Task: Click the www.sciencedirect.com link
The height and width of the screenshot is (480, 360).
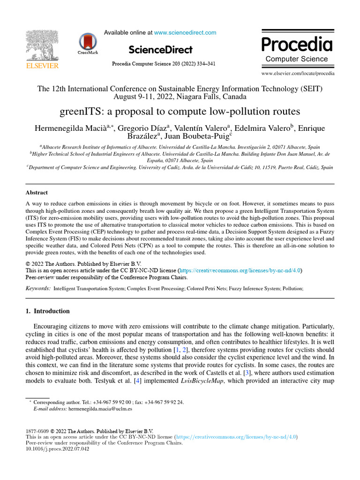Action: click(x=185, y=33)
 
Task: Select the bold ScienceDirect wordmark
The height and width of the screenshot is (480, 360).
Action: click(x=160, y=50)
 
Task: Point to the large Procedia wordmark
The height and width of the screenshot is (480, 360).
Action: click(x=297, y=45)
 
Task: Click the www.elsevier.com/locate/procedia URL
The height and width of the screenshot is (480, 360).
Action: click(x=298, y=74)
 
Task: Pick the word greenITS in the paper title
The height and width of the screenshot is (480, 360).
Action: click(x=80, y=112)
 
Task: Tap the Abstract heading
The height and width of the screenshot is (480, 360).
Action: click(x=37, y=193)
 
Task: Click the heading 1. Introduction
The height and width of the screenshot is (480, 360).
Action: click(x=47, y=311)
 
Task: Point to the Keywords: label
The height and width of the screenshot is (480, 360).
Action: click(x=38, y=289)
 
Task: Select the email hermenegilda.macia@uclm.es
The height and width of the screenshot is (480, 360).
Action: click(x=100, y=409)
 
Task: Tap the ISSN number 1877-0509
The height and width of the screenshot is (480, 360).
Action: click(x=37, y=431)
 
